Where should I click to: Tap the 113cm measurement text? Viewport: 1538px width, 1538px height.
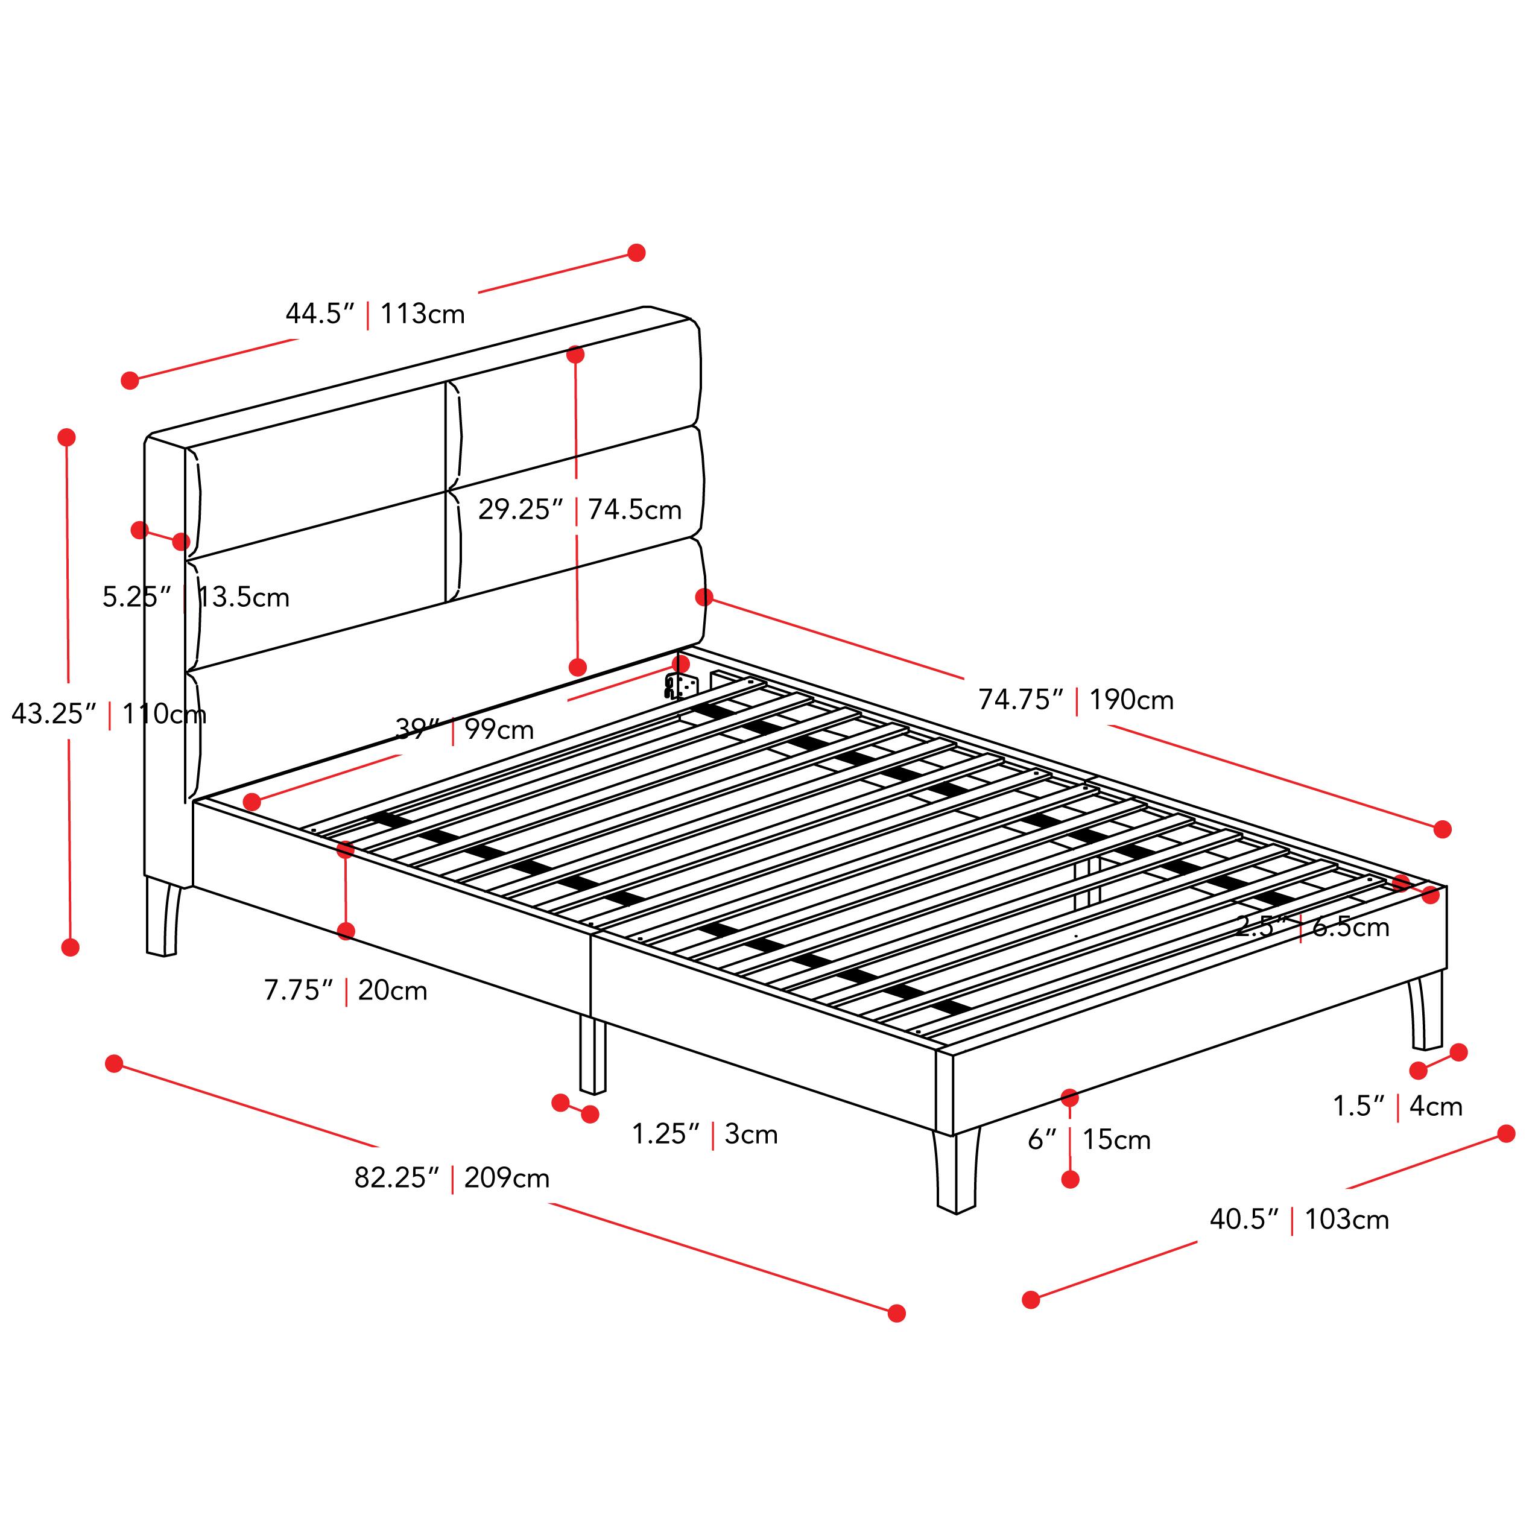(422, 314)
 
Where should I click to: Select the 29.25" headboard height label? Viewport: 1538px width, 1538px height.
(521, 510)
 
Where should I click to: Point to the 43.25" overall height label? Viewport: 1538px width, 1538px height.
(53, 714)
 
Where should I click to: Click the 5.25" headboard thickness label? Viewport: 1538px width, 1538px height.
(137, 597)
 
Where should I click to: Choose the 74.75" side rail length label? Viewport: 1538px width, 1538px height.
(1021, 700)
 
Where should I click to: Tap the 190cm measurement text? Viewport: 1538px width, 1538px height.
(1131, 700)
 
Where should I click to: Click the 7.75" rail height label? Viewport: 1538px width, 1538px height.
(299, 990)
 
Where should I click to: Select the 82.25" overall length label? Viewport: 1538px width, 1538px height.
(396, 1177)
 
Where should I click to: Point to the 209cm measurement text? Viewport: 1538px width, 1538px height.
(507, 1177)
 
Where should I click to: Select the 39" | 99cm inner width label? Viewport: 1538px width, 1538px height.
(465, 729)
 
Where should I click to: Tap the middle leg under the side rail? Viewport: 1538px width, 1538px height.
(592, 1054)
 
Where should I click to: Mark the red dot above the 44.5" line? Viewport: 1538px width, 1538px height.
(636, 252)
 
